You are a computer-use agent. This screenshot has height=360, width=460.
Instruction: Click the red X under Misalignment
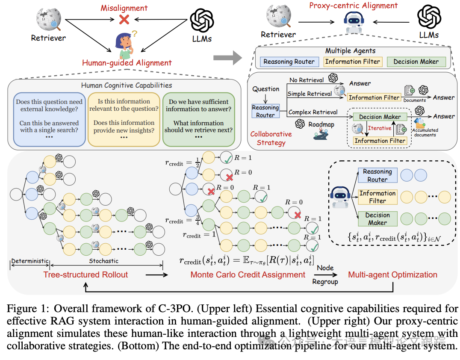click(124, 19)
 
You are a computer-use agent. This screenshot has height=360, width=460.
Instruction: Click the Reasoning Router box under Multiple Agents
click(289, 62)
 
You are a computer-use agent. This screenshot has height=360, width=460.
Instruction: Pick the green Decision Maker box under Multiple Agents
click(416, 62)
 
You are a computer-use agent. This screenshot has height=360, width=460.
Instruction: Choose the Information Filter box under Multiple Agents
click(352, 62)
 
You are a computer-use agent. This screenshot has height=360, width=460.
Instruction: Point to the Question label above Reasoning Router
click(266, 89)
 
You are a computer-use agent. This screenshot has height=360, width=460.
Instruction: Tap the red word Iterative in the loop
click(380, 128)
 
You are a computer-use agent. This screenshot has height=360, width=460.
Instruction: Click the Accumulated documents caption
click(425, 133)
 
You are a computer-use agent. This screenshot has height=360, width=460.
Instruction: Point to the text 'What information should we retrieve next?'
click(198, 127)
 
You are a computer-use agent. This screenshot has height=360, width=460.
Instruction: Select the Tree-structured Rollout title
click(86, 274)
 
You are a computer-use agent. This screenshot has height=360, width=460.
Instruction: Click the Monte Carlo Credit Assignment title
click(248, 274)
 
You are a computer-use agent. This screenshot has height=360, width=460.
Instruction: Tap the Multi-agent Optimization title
click(392, 274)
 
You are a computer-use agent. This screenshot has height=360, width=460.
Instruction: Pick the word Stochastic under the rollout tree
click(104, 260)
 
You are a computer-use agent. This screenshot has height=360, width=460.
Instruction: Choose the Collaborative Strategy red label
click(271, 138)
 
